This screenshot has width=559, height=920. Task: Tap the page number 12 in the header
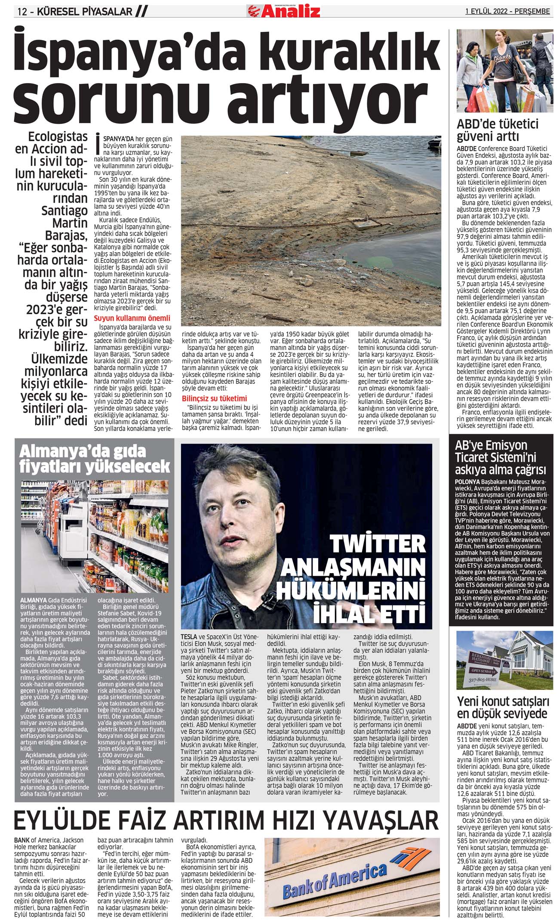point(23,12)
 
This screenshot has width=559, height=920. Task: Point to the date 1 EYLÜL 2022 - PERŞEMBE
point(507,12)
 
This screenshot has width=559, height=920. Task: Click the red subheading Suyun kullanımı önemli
point(132,318)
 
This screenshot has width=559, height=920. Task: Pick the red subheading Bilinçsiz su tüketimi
point(214,398)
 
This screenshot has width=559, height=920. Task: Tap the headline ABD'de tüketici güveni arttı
point(498,130)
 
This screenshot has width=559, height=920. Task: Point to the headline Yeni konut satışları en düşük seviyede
point(503,707)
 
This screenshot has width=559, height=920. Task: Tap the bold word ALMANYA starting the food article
point(34,600)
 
